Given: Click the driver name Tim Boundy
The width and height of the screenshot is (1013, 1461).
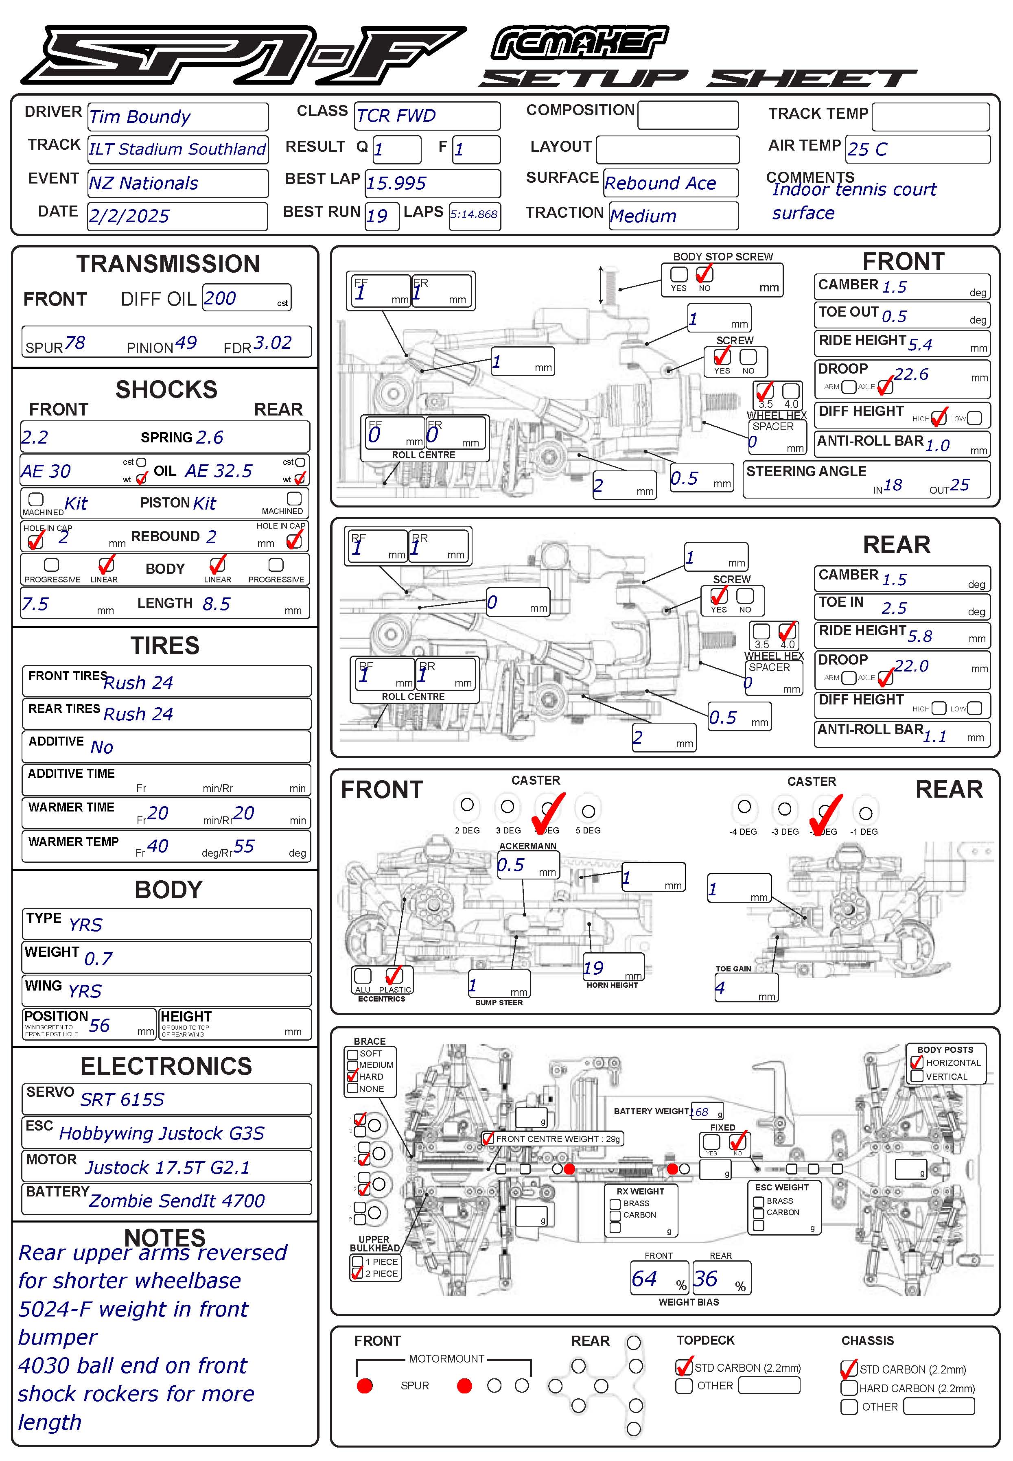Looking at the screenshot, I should click(x=140, y=117).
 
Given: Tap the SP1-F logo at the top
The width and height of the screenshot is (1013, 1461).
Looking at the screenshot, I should click(x=241, y=55).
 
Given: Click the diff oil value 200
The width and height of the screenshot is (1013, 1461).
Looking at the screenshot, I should click(x=220, y=298).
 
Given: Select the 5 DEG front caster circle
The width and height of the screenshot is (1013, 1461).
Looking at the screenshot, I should click(x=589, y=811).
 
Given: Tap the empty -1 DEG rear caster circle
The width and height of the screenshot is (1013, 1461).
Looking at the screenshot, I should click(x=865, y=813).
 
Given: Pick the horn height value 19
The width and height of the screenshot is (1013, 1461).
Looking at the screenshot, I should click(x=593, y=968).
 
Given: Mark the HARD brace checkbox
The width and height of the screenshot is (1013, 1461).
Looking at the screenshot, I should click(x=353, y=1076).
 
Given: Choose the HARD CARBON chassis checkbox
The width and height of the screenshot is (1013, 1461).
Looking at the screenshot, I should click(x=849, y=1388).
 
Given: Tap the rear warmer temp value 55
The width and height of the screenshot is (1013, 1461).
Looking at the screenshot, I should click(x=244, y=846).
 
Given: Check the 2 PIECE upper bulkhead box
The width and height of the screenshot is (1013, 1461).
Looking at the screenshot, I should click(x=357, y=1273).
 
